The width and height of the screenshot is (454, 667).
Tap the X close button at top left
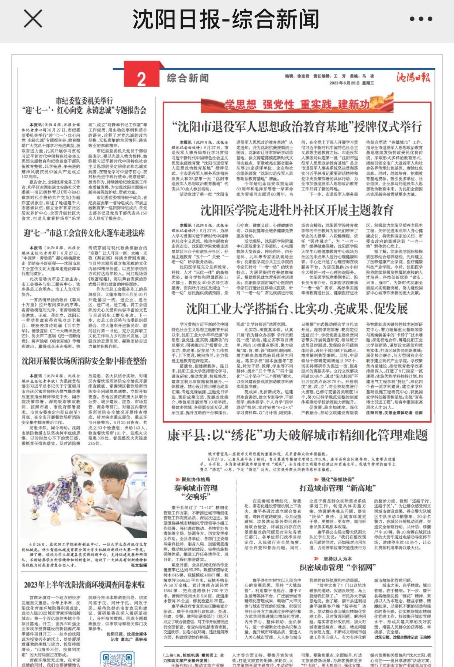pos(33,19)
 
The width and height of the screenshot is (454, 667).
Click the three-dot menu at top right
pos(421,19)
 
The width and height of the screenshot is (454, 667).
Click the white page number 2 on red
pos(141,79)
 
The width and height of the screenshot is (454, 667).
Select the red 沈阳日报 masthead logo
pos(413,77)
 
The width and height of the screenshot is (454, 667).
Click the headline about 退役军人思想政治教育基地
pos(297,127)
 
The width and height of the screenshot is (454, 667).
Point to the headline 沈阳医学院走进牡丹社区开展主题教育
pos(297,210)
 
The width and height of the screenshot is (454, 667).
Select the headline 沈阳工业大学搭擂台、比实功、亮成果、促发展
pos(297,309)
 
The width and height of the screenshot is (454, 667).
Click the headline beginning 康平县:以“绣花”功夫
pos(297,435)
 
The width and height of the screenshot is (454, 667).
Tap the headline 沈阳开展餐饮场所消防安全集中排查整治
pos(84,361)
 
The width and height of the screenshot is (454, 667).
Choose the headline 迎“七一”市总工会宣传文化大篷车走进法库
pos(84,233)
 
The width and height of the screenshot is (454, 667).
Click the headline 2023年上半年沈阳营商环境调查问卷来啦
pos(84,585)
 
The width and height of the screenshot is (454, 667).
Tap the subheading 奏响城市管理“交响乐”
pos(196,492)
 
